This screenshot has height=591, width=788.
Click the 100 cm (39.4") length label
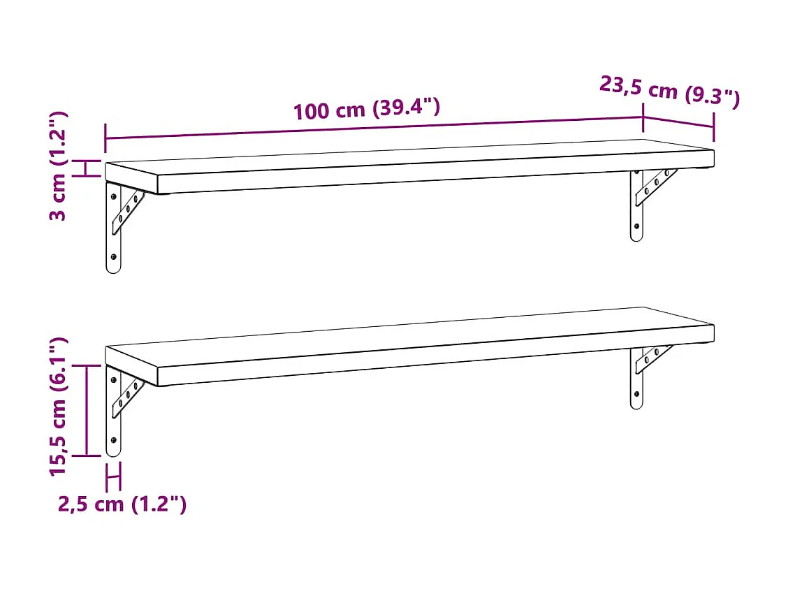coord(366,110)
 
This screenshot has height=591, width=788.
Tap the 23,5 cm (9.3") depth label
coord(669,92)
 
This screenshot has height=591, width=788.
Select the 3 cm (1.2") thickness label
coord(59,166)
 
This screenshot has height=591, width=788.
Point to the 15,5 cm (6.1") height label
coord(59,407)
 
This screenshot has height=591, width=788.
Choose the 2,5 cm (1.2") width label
coord(122,504)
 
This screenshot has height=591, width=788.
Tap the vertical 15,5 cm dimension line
coord(87,410)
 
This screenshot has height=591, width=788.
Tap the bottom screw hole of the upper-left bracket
coord(113,258)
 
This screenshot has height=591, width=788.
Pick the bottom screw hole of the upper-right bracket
coord(636,226)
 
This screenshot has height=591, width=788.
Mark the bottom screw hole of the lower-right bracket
coord(636,395)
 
